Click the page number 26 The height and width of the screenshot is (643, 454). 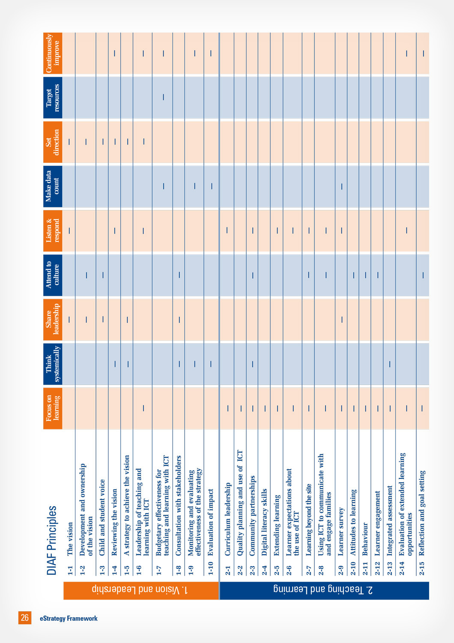[25, 617]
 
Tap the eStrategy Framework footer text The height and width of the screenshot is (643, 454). [69, 618]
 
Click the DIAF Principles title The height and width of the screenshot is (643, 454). [52, 540]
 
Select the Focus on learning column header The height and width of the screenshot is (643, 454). [53, 408]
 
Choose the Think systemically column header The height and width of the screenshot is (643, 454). [53, 364]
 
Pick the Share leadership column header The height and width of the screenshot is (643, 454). [53, 319]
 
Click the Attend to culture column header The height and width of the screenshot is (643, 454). [53, 275]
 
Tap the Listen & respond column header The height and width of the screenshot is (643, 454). [53, 231]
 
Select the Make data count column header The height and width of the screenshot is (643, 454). [53, 186]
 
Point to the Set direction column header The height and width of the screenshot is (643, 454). [53, 142]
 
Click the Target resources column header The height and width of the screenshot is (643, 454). [53, 98]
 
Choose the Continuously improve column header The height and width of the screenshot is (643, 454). [53, 54]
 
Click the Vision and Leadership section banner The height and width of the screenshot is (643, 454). [141, 590]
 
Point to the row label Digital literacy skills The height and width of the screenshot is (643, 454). [264, 522]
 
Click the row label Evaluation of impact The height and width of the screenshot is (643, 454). [211, 522]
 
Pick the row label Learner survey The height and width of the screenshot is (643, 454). [341, 532]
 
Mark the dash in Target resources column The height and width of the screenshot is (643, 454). [164, 97]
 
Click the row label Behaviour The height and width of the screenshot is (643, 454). [365, 538]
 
